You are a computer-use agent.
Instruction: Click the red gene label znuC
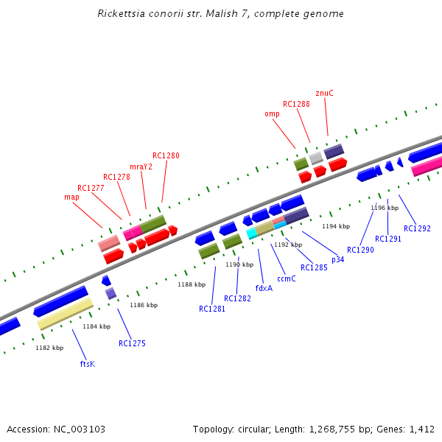coord(324,94)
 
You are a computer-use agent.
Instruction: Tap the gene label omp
coord(272,114)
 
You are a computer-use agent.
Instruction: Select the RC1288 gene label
coord(296,105)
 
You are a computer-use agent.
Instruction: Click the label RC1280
coord(166,156)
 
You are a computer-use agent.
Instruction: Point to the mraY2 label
coord(141,166)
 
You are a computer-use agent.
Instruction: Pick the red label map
coord(71,197)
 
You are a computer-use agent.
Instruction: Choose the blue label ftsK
coord(87,364)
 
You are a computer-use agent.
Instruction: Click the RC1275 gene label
coord(132,343)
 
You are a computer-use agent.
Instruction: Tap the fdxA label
coord(264,288)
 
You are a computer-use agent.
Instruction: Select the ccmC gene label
coord(286,278)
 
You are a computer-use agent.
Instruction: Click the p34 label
coord(337,259)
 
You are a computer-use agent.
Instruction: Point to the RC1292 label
coord(417,228)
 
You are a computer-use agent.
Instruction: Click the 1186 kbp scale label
coord(144,305)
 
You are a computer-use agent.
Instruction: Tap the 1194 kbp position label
coord(335,226)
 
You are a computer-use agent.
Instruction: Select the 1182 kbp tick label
coord(48,348)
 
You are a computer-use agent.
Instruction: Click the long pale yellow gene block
coord(65,313)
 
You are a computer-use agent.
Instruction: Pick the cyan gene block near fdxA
coord(251,233)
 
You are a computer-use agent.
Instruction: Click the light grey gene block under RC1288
coord(316,158)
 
